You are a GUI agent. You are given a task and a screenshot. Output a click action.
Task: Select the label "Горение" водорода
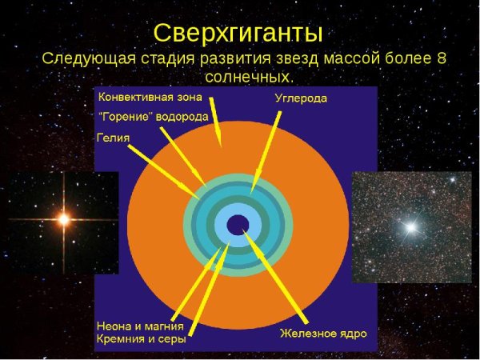153,116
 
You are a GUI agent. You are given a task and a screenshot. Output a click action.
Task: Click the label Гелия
113,137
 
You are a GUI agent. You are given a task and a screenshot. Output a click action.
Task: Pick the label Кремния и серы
141,340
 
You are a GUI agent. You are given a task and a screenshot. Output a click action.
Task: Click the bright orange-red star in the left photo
62,218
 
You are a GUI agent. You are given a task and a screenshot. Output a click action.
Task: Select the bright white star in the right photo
411,227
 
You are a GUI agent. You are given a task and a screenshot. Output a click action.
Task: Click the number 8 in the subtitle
440,59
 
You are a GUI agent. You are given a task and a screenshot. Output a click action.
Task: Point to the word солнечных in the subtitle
249,78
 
